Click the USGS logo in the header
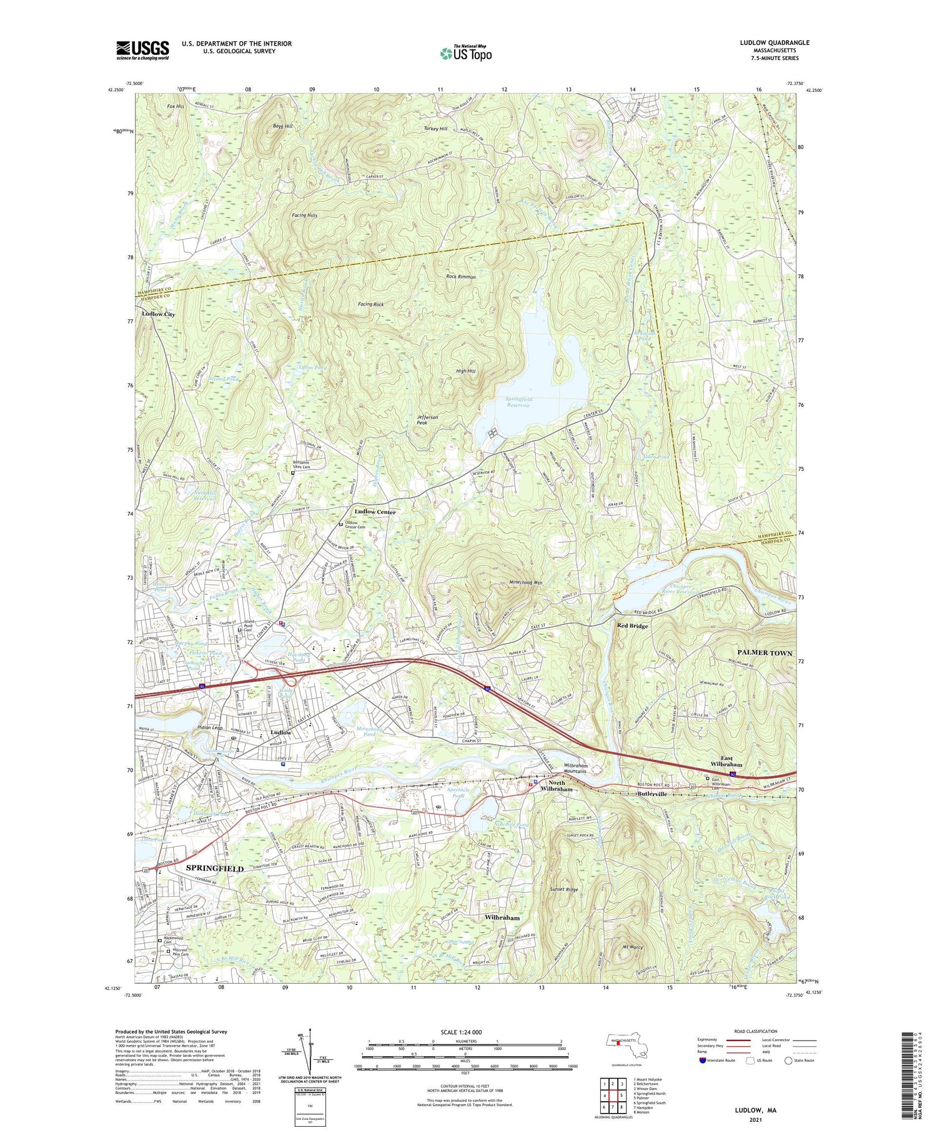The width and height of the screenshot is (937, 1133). (x=142, y=50)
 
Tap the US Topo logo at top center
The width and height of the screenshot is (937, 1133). (x=465, y=53)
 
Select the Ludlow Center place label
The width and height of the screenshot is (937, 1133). (x=375, y=512)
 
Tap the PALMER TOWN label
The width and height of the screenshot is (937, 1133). (x=760, y=652)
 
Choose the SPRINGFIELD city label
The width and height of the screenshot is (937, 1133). (x=215, y=869)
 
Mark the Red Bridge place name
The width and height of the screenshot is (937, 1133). (x=632, y=626)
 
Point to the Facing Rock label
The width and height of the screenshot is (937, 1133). (x=370, y=304)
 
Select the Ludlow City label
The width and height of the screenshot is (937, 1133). (x=158, y=314)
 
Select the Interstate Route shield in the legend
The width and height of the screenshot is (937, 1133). (x=703, y=1061)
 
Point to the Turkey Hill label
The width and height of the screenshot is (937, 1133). (x=435, y=129)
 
